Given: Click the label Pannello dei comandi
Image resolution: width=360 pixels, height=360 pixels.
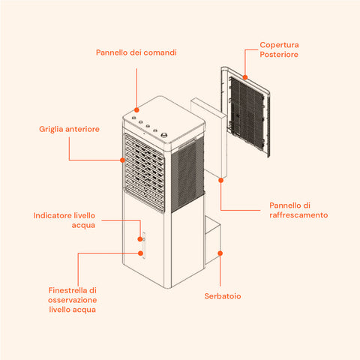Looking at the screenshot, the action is (136, 52).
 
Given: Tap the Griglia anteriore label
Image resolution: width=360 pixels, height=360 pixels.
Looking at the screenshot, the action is (69, 129).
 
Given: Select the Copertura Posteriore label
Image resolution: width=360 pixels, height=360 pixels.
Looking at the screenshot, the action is (279, 49).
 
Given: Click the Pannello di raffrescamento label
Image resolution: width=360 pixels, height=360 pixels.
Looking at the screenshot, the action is (298, 210).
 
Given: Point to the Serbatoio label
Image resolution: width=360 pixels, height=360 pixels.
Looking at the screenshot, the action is (223, 296).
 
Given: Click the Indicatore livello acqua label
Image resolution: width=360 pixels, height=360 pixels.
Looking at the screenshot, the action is (64, 220).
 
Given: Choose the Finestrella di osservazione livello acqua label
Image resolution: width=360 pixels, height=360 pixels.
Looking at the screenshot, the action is (72, 300).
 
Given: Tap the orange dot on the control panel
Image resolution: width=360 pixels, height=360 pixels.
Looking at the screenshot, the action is (136, 110).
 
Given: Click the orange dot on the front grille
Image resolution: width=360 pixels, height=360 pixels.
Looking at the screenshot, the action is (122, 160).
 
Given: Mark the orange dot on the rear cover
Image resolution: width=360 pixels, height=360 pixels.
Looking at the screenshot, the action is (245, 77).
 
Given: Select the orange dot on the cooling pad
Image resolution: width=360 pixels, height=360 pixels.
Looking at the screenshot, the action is (220, 180).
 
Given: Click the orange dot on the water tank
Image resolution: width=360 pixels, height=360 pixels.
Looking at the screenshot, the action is (220, 253).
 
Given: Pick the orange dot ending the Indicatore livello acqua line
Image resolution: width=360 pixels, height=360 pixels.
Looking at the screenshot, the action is (140, 239).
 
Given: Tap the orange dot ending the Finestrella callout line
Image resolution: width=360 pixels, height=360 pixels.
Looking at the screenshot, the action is (140, 253).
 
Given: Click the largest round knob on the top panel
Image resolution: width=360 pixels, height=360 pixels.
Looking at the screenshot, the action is (164, 135).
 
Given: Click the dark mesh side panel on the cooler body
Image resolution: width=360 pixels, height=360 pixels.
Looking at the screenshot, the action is (187, 175).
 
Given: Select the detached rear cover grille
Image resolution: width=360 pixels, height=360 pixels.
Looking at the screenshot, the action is (245, 112).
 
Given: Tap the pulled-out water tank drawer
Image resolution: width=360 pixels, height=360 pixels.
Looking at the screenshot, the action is (213, 240).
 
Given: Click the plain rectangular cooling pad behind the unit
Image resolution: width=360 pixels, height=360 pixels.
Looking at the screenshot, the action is (209, 138).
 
